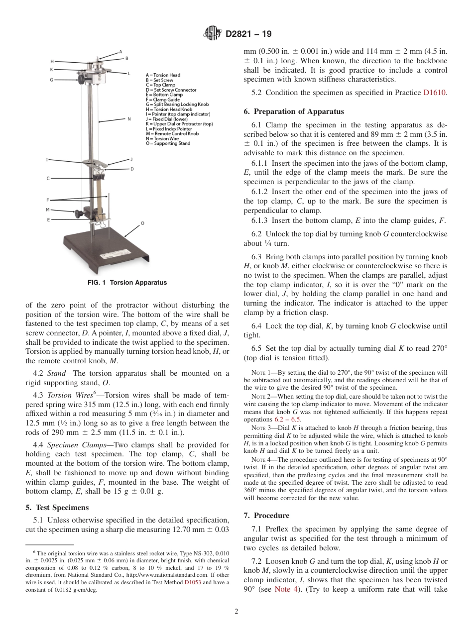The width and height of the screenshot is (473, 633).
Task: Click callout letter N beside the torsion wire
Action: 129,119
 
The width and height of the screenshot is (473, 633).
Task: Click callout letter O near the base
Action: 142,223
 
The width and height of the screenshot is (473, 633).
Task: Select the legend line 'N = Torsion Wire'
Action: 166,138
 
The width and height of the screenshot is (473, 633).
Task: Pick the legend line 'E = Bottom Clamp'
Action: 164,95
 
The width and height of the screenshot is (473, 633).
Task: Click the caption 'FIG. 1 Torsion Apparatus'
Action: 127,283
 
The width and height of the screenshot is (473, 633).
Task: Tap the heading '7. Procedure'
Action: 271,515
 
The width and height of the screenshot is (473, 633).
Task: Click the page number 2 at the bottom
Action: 236,612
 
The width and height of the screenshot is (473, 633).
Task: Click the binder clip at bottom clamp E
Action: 103,219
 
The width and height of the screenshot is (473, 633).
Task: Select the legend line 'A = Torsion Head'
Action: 163,75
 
